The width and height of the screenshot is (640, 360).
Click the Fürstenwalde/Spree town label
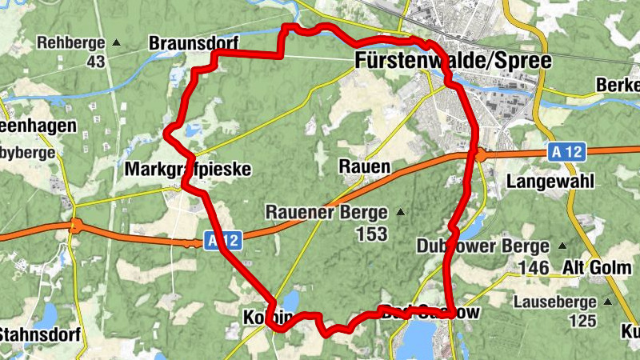coord(453,62)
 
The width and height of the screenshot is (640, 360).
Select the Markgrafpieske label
coord(188,170)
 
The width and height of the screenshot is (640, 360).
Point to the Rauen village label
coord(364,167)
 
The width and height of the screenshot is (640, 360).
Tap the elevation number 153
coord(373,234)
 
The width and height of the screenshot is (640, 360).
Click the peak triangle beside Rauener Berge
coord(400,213)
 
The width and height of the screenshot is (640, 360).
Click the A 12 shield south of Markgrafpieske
coord(221,240)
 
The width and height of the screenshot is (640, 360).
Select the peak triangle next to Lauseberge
coord(609,302)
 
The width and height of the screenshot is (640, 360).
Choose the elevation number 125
coord(583,322)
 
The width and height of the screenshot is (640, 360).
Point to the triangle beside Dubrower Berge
coord(562,246)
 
